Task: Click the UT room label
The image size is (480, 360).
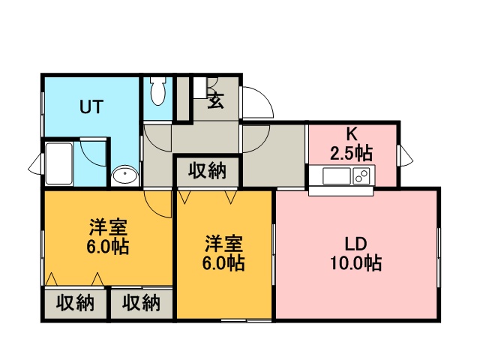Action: [x=91, y=106]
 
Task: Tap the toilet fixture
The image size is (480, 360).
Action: [x=158, y=91]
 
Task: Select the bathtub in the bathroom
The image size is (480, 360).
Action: [x=59, y=163]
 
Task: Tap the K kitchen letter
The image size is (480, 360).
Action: [x=352, y=133]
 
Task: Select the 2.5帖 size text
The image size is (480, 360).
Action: [x=351, y=153]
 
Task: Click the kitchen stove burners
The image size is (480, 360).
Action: [x=361, y=176]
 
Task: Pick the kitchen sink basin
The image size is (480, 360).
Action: [x=337, y=176]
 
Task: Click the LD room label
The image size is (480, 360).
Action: [x=355, y=244]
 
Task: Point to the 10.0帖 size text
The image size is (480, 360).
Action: [x=355, y=263]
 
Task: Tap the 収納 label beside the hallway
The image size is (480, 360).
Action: [x=207, y=170]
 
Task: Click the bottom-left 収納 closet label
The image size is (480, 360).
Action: [x=75, y=303]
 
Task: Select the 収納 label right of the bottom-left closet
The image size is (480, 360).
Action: [x=141, y=303]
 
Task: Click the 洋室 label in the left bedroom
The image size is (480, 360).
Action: [x=108, y=227]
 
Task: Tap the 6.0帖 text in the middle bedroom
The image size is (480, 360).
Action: [x=223, y=262]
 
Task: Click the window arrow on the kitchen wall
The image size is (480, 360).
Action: [x=406, y=155]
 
